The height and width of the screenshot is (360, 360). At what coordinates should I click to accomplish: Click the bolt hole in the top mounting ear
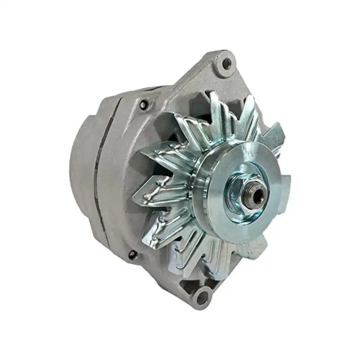pos(226,63)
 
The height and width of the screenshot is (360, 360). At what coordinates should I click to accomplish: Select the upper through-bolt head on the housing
pos(144,105)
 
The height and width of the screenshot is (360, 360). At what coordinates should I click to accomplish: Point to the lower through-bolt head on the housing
pos(132,255)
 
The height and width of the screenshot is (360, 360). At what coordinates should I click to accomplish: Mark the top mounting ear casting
pos(216,72)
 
